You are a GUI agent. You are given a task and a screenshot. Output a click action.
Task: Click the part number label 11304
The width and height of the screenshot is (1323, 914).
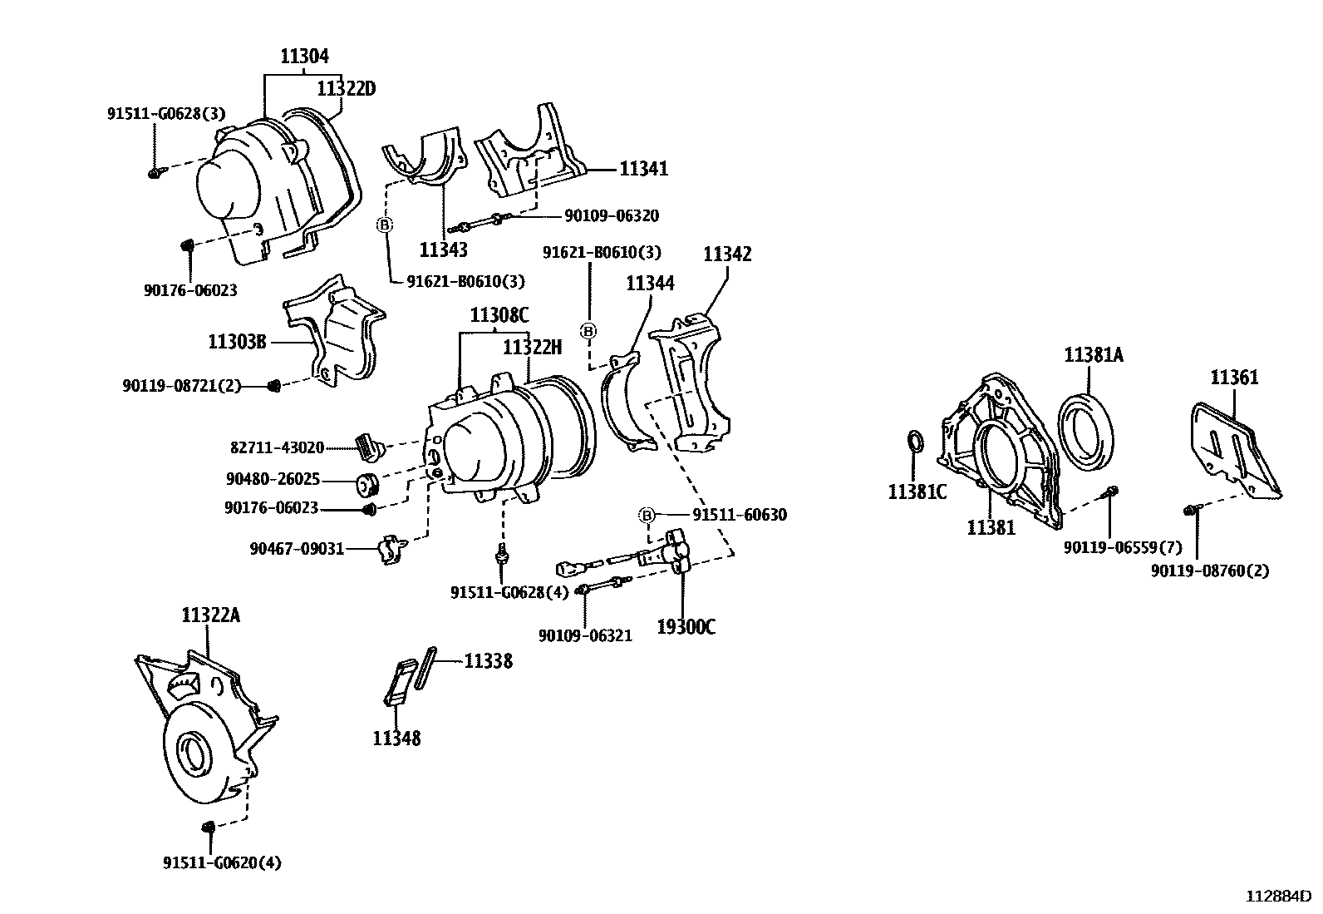tap(304, 57)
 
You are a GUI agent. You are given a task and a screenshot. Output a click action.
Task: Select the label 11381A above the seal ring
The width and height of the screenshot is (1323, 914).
tap(1094, 356)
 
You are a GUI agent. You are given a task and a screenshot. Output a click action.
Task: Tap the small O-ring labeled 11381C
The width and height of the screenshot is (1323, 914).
tap(914, 442)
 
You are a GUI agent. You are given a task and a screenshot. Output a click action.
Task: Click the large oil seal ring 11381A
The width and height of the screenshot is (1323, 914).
tap(1090, 432)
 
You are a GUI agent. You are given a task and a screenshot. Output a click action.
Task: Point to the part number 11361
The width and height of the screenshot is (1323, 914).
tap(1234, 378)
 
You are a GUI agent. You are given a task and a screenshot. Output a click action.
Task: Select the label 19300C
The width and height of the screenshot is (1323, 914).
tap(686, 627)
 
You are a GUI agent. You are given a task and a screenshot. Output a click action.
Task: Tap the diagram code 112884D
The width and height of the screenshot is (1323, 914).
tap(1277, 897)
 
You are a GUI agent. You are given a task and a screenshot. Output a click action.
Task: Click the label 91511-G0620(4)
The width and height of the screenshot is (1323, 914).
tap(222, 863)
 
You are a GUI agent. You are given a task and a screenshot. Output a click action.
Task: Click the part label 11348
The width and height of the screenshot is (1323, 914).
tap(396, 738)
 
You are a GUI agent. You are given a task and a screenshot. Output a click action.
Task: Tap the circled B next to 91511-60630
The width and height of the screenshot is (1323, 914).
tap(648, 516)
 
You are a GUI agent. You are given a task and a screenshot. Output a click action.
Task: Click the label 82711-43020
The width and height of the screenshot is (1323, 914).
tap(277, 447)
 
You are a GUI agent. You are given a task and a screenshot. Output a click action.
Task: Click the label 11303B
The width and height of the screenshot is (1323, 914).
tap(237, 342)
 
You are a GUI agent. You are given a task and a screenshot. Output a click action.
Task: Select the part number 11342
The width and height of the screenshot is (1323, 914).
tap(727, 254)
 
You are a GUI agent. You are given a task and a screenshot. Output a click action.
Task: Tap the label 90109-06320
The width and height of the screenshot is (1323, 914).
tap(611, 216)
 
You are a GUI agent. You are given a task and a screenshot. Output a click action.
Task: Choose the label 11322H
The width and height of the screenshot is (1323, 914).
tap(533, 347)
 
